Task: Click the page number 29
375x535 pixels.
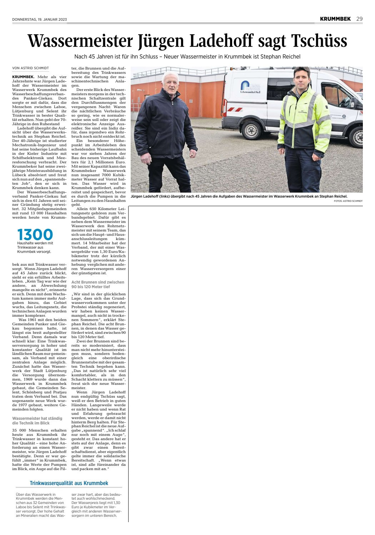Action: [x=359, y=19]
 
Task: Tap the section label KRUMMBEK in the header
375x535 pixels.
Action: [x=335, y=19]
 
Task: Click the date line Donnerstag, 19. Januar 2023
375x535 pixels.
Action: [x=39, y=19]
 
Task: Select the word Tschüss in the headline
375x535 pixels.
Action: [x=319, y=41]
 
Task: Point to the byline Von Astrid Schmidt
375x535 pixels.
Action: [x=30, y=68]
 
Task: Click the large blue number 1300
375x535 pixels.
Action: [x=35, y=235]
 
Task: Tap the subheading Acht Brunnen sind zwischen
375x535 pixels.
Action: [x=98, y=282]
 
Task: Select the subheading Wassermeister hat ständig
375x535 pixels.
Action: [x=37, y=418]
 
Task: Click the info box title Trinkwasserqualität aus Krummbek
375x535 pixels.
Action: [x=69, y=483]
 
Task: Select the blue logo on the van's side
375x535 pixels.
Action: [x=245, y=86]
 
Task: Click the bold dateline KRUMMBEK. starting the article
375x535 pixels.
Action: [x=23, y=77]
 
